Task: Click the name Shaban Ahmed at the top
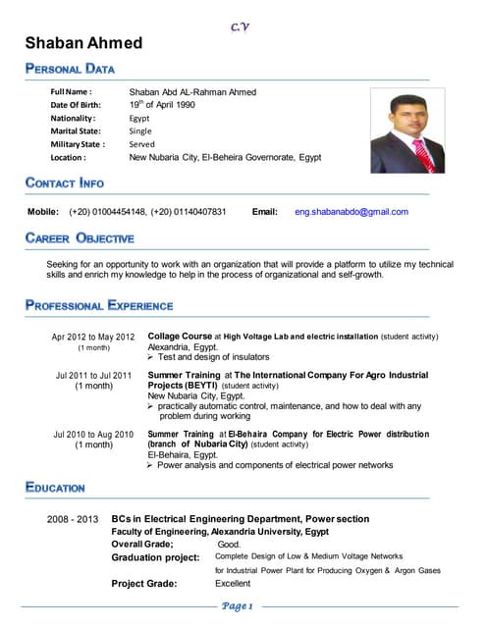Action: point(83,43)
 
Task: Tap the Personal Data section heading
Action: point(71,69)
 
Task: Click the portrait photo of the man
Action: point(406,132)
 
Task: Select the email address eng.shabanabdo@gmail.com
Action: point(351,212)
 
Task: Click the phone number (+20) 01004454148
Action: point(108,212)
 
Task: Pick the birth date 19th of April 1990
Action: point(162,104)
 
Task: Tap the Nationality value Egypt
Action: point(139,118)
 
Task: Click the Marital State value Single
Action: point(140,131)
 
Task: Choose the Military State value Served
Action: point(142,144)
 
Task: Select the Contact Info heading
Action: point(65,183)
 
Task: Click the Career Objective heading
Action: point(80,238)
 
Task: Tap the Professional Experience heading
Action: point(99,305)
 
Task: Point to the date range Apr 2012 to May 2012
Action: point(93,338)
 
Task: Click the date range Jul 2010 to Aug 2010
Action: point(93,434)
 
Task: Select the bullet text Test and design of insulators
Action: point(214,357)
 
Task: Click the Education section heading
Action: point(56,488)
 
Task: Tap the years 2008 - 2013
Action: point(73,518)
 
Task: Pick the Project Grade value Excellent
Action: point(233,584)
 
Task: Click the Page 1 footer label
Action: point(239,606)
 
